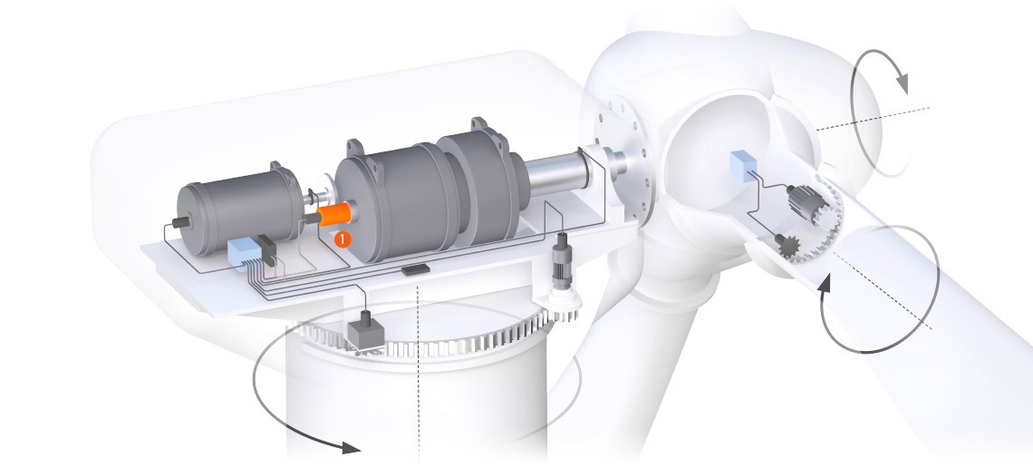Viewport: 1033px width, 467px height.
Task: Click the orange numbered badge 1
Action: pos(343,239)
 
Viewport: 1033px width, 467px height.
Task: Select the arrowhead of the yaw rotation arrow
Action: pos(350,448)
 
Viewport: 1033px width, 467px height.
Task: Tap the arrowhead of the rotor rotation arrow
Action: pos(901,83)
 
